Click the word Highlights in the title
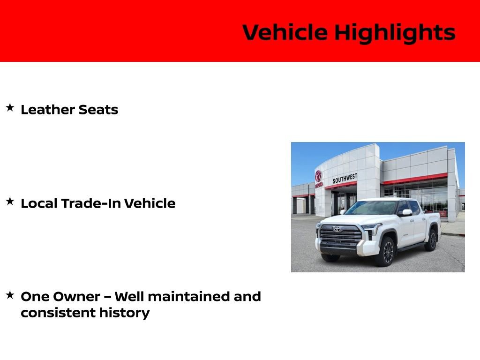(395, 33)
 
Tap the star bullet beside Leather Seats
(10, 108)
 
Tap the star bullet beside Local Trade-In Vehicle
(10, 202)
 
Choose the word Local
(39, 203)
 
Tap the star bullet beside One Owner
(10, 295)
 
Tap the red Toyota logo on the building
(318, 176)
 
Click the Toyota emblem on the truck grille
(336, 229)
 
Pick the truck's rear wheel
(431, 240)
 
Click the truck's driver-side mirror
(405, 213)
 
